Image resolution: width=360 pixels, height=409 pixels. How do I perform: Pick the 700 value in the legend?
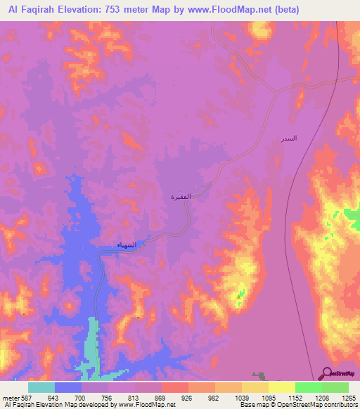point(82,397)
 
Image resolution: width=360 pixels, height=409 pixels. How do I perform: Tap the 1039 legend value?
point(242,397)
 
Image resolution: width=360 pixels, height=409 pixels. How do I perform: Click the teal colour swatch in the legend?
point(41,387)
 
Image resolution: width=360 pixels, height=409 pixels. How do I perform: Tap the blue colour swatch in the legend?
point(68,387)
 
